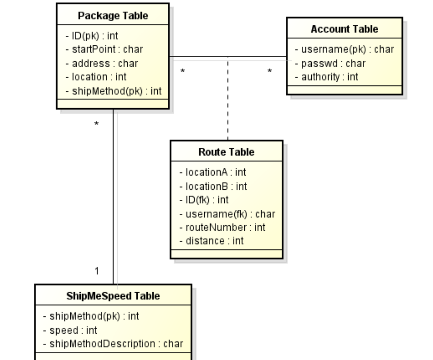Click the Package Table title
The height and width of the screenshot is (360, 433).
[113, 16]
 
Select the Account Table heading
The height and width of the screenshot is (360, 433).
[344, 29]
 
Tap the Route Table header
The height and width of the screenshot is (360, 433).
[226, 152]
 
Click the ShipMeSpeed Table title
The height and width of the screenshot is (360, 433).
[113, 296]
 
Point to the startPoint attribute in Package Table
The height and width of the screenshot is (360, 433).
[104, 49]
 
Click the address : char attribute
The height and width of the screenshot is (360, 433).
[102, 63]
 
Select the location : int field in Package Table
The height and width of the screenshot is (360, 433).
[96, 77]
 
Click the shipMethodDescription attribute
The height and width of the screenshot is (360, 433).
[116, 344]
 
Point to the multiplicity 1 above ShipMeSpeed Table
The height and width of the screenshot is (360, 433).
[97, 271]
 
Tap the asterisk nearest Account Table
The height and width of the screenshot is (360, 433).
[269, 71]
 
